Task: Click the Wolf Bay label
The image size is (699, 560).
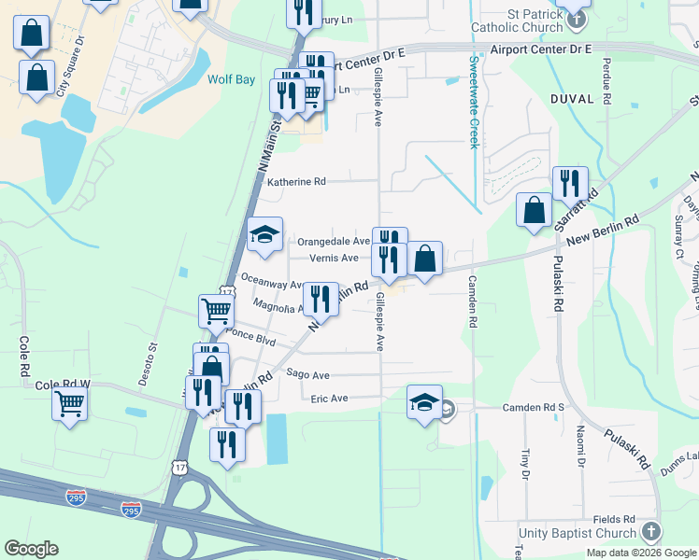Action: pyautogui.click(x=232, y=80)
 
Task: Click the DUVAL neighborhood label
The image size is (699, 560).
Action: pyautogui.click(x=573, y=98)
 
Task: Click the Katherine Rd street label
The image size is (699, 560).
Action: pyautogui.click(x=296, y=182)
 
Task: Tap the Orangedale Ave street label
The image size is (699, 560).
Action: pyautogui.click(x=334, y=242)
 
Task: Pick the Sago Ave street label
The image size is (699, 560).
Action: pyautogui.click(x=307, y=374)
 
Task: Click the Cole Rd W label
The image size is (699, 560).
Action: pyautogui.click(x=62, y=385)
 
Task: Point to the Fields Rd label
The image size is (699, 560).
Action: pyautogui.click(x=614, y=519)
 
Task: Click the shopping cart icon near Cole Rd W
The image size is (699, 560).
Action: pyautogui.click(x=70, y=404)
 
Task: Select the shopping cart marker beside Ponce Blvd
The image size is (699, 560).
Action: pyautogui.click(x=216, y=310)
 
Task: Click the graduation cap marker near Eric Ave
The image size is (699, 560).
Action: pyautogui.click(x=424, y=402)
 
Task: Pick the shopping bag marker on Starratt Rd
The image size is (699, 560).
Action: pyautogui.click(x=534, y=208)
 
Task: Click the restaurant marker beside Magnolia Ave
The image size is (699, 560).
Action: pyautogui.click(x=321, y=298)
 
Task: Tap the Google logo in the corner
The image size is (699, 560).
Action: pyautogui.click(x=32, y=549)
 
